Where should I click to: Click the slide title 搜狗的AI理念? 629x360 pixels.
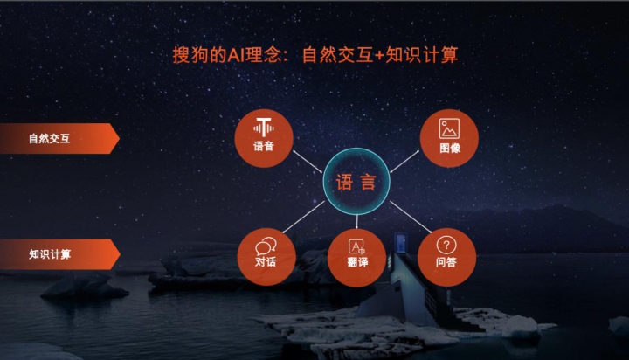click(x=227, y=55)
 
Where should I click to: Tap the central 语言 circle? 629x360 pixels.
click(x=356, y=182)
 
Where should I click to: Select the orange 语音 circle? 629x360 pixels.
click(x=264, y=138)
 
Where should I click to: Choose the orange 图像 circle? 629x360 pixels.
click(x=449, y=138)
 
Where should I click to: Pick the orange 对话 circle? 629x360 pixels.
click(x=266, y=257)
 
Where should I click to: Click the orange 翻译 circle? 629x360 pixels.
click(x=357, y=258)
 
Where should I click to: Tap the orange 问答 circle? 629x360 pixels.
click(x=447, y=257)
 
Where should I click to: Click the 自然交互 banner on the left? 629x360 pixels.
click(x=59, y=138)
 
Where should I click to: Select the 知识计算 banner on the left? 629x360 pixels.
click(x=59, y=254)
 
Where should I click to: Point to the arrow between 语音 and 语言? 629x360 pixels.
click(x=308, y=162)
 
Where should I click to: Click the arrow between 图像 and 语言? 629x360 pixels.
click(x=404, y=162)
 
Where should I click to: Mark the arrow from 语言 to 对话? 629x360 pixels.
click(x=303, y=217)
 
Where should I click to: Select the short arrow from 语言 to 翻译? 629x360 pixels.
click(x=356, y=222)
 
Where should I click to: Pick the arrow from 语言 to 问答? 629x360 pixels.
click(x=411, y=217)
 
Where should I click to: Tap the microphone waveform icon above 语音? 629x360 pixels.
click(x=264, y=128)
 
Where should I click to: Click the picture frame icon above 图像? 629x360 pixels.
click(x=449, y=128)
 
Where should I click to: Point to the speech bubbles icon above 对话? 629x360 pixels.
click(x=266, y=246)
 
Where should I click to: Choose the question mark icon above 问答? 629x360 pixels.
click(x=446, y=245)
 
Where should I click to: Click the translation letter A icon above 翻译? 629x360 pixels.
click(x=356, y=246)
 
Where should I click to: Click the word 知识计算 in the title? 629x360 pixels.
click(x=422, y=55)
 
